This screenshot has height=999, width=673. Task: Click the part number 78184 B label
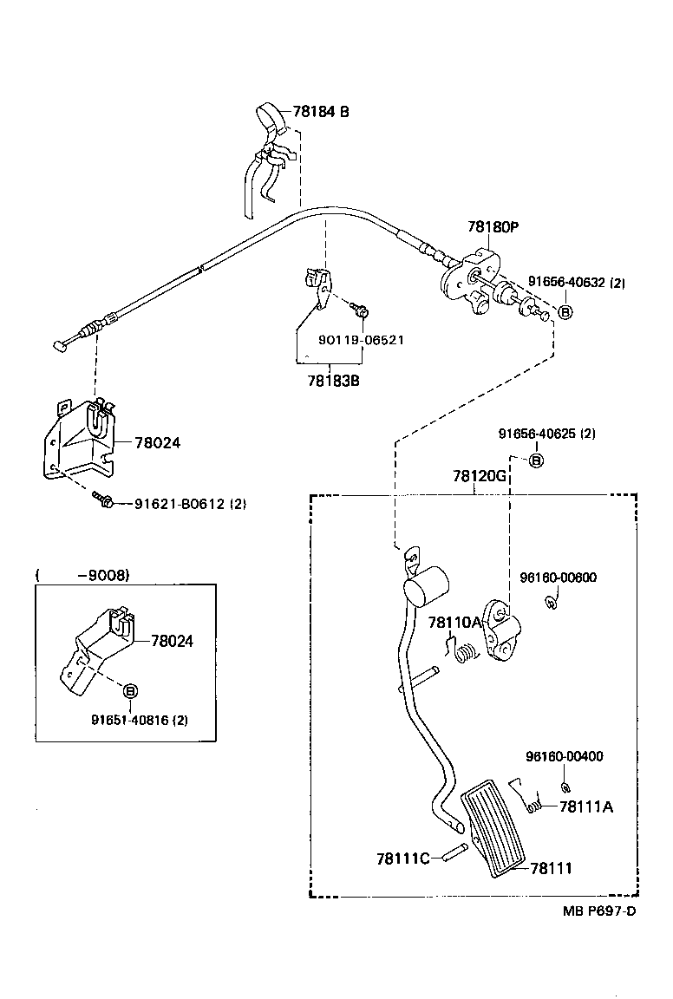click(321, 112)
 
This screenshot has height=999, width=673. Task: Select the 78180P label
click(493, 227)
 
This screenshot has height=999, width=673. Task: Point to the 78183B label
click(333, 380)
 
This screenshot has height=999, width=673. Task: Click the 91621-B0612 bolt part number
click(190, 504)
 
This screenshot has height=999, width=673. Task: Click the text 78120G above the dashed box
click(479, 477)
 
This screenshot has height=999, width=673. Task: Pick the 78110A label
click(454, 622)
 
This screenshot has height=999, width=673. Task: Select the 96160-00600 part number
click(558, 578)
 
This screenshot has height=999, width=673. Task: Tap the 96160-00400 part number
click(564, 756)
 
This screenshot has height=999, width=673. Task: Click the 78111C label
click(403, 859)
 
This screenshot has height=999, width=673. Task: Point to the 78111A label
click(586, 806)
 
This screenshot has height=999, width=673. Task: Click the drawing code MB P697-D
click(598, 910)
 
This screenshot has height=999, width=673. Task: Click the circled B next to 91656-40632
click(565, 312)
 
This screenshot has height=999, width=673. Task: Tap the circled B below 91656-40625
click(536, 460)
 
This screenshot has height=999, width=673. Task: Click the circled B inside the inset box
click(130, 691)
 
